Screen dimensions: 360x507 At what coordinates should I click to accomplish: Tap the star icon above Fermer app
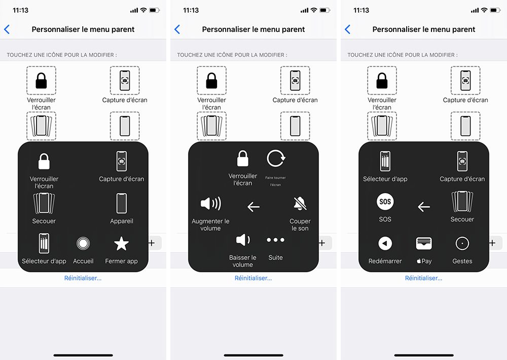pos(121,244)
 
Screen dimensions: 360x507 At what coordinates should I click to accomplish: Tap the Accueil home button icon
pos(83,244)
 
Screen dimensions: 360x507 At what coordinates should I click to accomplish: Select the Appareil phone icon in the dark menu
pos(121,203)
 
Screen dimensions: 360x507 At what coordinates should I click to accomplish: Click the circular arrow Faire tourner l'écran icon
pos(276,159)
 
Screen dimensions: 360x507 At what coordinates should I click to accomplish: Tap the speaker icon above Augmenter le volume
pos(210,204)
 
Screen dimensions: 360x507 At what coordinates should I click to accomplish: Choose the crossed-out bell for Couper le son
pos(300,204)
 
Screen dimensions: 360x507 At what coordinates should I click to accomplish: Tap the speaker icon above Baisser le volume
pos(243,240)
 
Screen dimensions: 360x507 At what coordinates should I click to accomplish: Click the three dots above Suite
pos(275,240)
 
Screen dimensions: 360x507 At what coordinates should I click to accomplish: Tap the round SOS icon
pos(385,202)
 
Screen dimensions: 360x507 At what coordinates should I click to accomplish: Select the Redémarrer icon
pos(385,244)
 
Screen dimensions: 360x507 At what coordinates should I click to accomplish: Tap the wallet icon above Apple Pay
pos(424,244)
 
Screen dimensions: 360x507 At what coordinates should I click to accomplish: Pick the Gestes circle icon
pos(462,244)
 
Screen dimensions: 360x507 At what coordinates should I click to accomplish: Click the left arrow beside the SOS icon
pos(424,207)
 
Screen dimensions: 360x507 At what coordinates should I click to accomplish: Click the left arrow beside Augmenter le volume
pos(253,207)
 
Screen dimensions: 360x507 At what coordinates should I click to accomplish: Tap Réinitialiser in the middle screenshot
pos(253,278)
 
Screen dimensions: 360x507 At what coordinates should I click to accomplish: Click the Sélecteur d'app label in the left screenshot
pos(44,261)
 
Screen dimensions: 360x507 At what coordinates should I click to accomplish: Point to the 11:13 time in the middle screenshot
pos(191,11)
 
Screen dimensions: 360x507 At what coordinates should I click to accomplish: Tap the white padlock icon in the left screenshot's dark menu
pos(45,161)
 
